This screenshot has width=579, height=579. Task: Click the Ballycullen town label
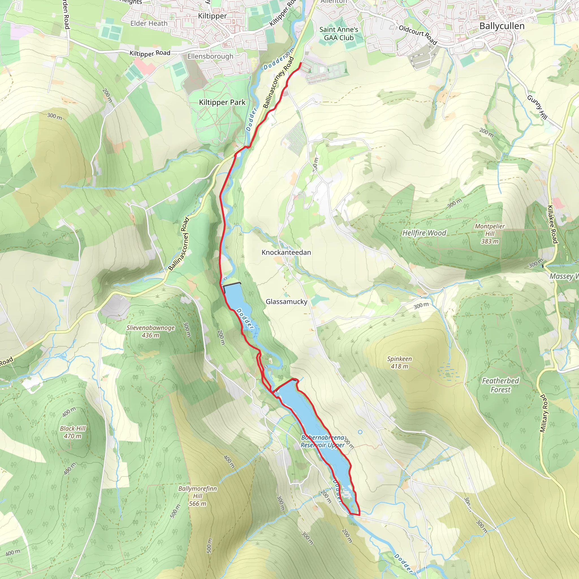point(502,26)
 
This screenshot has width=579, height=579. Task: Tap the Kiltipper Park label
point(222,103)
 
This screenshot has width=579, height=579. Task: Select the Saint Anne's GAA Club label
point(339,34)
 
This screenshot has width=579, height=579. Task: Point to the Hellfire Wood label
point(424,233)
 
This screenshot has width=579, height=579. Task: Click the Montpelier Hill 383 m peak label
point(490,234)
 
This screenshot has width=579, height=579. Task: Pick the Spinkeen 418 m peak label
point(399,362)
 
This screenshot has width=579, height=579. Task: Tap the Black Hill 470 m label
point(73,432)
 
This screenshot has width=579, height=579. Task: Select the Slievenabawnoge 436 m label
point(150,331)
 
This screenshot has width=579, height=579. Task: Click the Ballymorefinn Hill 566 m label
point(198,496)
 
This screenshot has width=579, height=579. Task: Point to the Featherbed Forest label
point(500,385)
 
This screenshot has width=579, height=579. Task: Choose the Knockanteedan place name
point(286,252)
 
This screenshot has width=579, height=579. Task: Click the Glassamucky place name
point(286,301)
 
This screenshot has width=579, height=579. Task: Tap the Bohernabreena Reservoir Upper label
point(323,441)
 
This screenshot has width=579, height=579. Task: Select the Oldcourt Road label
point(418,35)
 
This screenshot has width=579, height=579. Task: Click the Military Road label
point(543,413)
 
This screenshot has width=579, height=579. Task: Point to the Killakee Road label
point(552,224)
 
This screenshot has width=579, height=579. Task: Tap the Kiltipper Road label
point(150,53)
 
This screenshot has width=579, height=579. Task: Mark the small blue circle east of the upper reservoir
point(360,432)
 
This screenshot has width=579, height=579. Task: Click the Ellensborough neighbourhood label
point(210,56)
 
